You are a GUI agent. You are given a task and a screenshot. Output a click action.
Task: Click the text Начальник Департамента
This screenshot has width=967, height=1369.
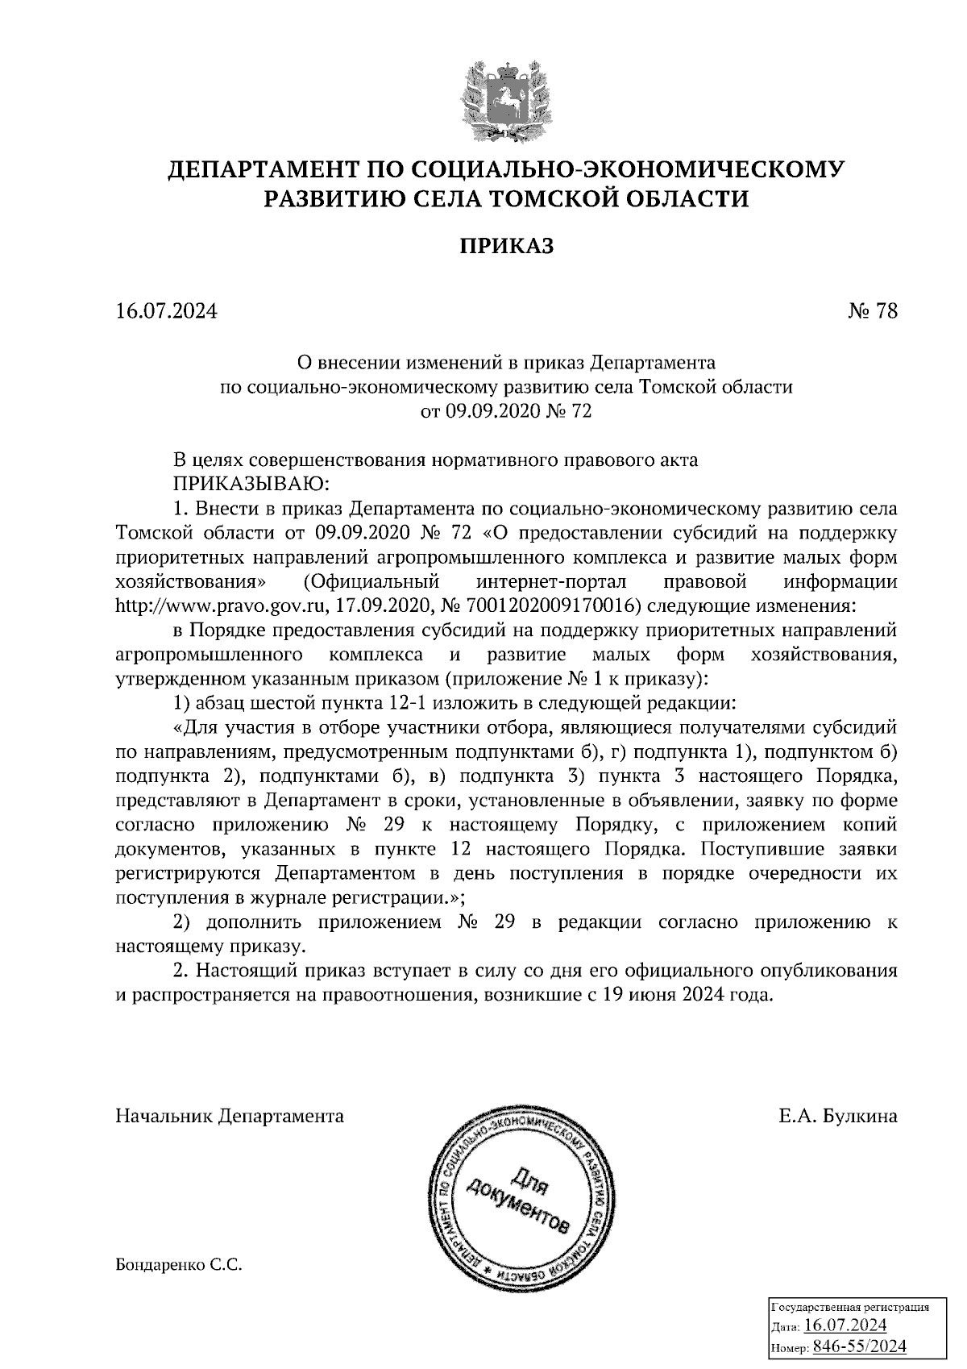click(x=230, y=1116)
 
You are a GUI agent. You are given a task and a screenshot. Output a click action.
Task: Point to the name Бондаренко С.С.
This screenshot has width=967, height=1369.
click(x=179, y=1266)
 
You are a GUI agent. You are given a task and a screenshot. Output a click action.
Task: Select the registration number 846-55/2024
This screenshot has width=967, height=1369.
click(x=860, y=1346)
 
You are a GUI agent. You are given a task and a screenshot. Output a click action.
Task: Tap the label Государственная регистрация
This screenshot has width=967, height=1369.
click(x=852, y=1308)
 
